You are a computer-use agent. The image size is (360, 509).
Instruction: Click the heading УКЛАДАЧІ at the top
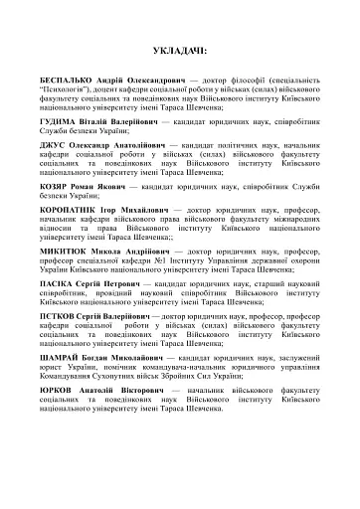(181, 46)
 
